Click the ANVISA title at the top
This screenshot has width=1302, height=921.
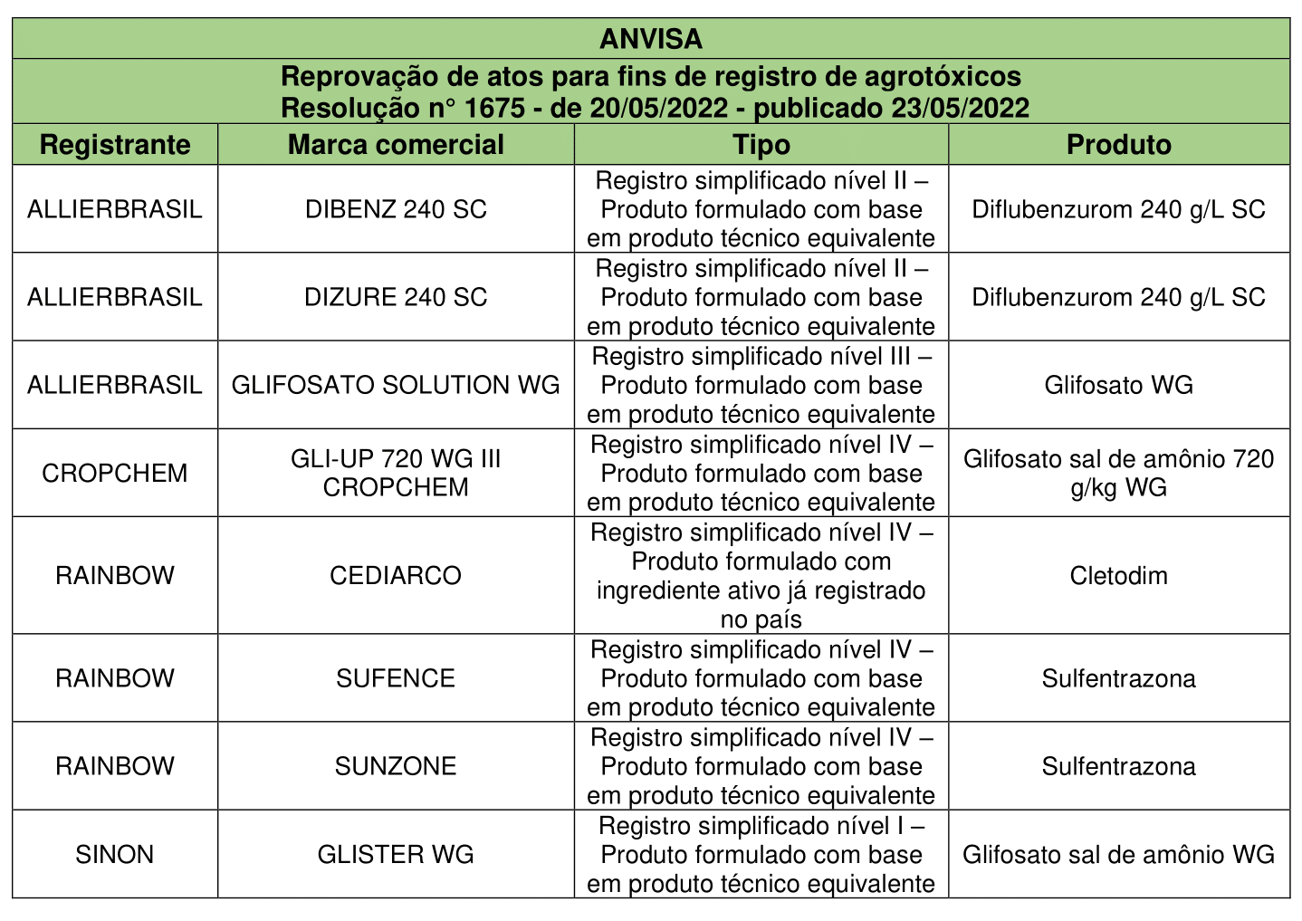point(651,39)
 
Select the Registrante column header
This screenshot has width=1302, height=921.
point(115,145)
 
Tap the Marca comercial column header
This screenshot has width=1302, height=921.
point(396,145)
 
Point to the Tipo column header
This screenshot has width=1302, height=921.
point(761,145)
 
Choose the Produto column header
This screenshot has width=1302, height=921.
point(1119,145)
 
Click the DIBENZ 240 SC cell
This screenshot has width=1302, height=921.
point(396,209)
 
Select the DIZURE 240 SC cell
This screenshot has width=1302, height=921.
point(396,297)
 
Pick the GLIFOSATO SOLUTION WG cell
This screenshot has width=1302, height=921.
point(396,385)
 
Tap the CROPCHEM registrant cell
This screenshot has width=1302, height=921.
point(115,473)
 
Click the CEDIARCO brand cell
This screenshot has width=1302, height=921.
point(396,575)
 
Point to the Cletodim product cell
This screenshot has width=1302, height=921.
point(1119,575)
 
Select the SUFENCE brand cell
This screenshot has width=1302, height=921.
point(396,678)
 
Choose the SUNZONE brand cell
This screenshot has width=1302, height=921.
point(396,766)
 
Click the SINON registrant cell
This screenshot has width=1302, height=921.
point(115,854)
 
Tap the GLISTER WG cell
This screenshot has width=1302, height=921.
point(396,854)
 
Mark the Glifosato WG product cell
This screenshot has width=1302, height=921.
point(1119,385)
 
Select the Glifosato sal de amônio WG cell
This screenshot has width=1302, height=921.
point(1119,854)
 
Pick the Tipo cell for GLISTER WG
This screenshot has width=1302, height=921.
point(761,854)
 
